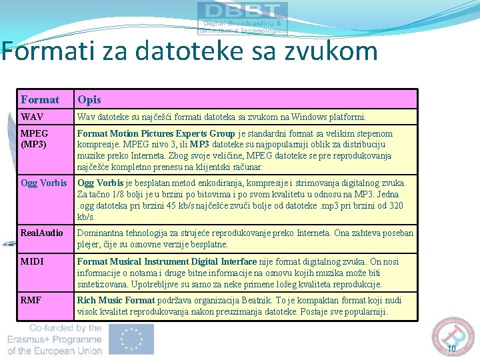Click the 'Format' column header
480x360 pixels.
pyautogui.click(x=40, y=100)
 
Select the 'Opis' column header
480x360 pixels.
pyautogui.click(x=89, y=100)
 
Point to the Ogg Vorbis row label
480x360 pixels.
pyautogui.click(x=44, y=183)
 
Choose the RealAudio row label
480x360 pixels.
pyautogui.click(x=42, y=233)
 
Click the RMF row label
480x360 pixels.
pyautogui.click(x=31, y=301)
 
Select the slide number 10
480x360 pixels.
pyautogui.click(x=451, y=348)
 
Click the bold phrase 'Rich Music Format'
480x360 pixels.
pyautogui.click(x=116, y=301)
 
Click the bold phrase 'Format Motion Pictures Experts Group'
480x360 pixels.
pyautogui.click(x=156, y=133)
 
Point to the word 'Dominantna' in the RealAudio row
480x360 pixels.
pyautogui.click(x=101, y=233)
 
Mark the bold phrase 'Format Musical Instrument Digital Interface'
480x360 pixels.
pyautogui.click(x=167, y=262)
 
